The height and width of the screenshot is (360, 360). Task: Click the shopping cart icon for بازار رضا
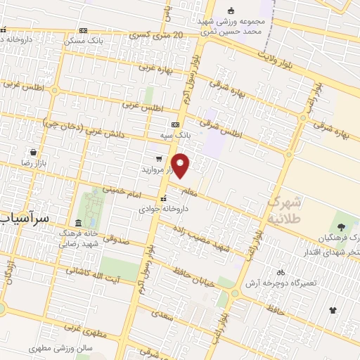(34, 152)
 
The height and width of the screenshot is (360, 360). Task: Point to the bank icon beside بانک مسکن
(84, 31)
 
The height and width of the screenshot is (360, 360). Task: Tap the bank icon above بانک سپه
(175, 124)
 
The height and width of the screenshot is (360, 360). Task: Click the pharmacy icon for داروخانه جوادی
(163, 198)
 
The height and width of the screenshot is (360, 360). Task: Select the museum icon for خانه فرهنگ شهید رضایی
(77, 224)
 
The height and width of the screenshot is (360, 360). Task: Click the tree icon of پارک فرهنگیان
(342, 226)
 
